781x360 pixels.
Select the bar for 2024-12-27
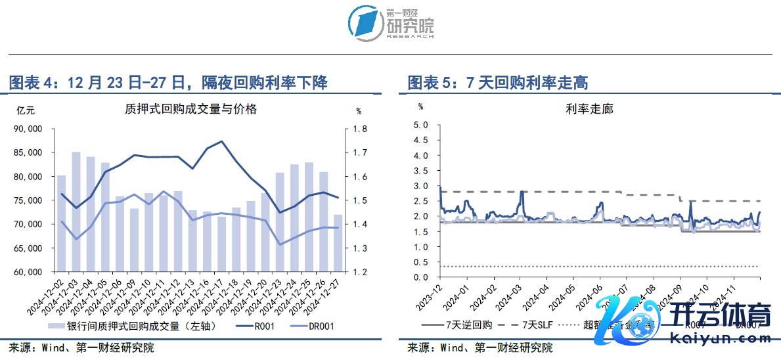(338, 243)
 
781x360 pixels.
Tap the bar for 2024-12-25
(309, 217)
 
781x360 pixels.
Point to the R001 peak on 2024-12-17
(221, 141)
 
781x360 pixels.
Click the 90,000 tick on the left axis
(28, 129)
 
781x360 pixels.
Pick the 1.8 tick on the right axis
(362, 129)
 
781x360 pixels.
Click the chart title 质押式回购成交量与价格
(190, 110)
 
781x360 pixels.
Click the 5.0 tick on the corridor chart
(421, 125)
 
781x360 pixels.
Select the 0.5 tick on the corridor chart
(421, 262)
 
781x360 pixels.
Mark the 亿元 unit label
(26, 110)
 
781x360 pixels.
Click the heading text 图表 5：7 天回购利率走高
(497, 83)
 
